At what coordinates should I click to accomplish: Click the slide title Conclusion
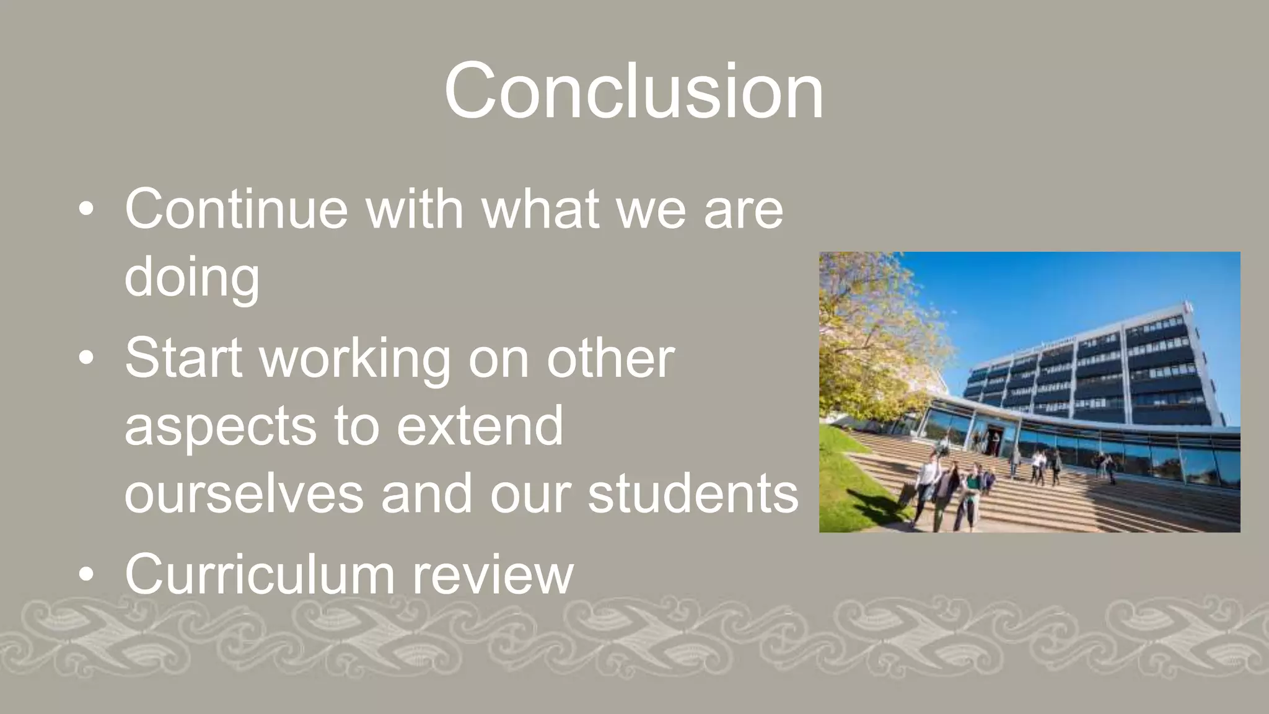coord(633,92)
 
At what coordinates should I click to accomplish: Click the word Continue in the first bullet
coord(236,209)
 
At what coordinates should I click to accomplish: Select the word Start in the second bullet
coord(183,358)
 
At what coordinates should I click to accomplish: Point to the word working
coord(355,359)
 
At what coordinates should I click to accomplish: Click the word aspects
coord(221,428)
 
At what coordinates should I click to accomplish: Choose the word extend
coord(480,426)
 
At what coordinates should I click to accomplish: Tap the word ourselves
coord(244,495)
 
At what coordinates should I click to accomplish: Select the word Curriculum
coord(259,575)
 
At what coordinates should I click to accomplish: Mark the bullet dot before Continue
coord(87,210)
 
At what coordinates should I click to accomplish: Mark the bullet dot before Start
coord(87,358)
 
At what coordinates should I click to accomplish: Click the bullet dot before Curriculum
coord(87,575)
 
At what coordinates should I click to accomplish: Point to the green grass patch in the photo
coord(849,490)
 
